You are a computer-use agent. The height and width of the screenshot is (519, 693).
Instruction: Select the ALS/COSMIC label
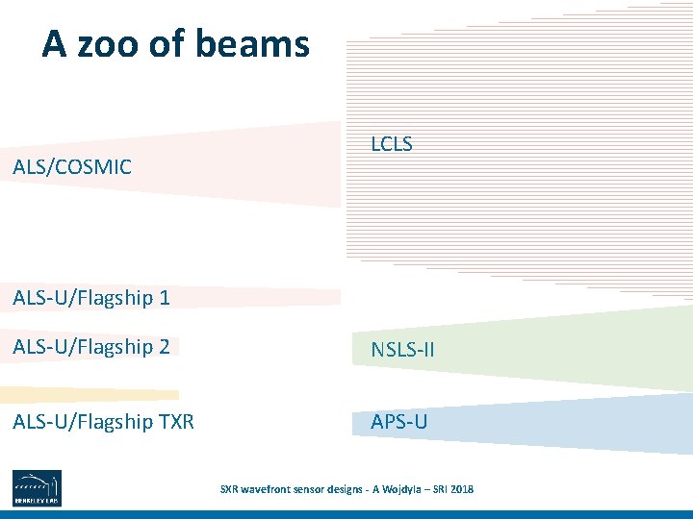(x=72, y=167)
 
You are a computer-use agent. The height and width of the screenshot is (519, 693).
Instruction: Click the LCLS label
(x=392, y=144)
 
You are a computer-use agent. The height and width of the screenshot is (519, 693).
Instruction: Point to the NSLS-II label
(x=402, y=351)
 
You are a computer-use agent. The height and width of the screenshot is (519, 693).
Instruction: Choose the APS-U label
(x=399, y=422)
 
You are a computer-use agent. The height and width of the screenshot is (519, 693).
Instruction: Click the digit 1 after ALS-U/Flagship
(x=165, y=298)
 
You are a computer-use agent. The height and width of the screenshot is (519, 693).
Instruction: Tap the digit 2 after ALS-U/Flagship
(x=165, y=347)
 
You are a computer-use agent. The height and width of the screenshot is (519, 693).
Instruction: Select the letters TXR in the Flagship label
(x=176, y=421)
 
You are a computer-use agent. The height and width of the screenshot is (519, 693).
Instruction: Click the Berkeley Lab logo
(x=37, y=488)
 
